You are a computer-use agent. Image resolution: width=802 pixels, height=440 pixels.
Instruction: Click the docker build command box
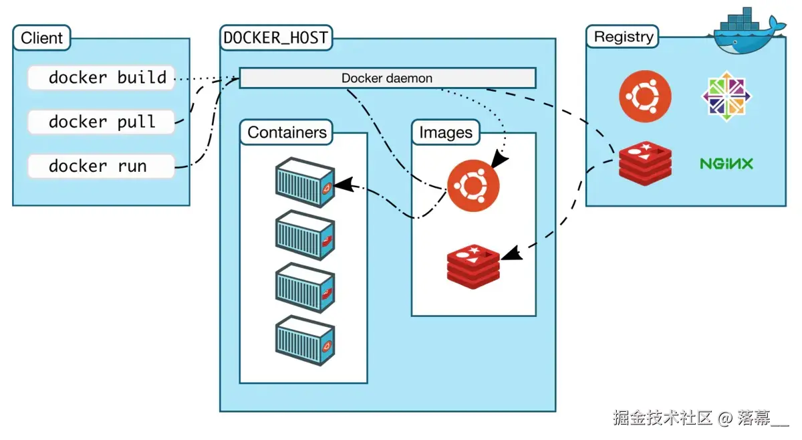pos(101,78)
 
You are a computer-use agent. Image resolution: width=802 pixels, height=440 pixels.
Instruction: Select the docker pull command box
pos(101,122)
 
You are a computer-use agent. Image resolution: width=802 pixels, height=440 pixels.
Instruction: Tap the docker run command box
pos(101,166)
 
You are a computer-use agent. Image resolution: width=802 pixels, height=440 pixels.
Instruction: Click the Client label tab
pos(41,38)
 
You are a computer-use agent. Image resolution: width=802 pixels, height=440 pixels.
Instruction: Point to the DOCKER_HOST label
pos(275,38)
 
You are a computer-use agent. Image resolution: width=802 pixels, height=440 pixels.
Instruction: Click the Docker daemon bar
pos(387,78)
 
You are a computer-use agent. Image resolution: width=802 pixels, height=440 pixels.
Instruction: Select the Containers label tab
pos(287,132)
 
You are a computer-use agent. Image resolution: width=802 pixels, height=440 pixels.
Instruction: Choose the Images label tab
pos(445,132)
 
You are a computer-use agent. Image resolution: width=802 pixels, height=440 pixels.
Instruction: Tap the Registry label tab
pos(622,37)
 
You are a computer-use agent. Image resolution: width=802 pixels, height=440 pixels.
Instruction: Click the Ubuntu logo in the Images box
pos(473,185)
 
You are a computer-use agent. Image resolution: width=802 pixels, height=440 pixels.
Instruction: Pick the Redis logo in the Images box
pos(474,266)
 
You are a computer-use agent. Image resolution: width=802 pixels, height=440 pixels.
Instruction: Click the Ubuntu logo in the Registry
pos(644,98)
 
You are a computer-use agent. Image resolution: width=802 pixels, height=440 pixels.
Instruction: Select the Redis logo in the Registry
pos(644,163)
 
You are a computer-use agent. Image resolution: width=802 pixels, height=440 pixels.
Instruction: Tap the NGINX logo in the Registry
pos(726,163)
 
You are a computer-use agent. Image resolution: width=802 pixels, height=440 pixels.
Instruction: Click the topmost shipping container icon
pos(305,182)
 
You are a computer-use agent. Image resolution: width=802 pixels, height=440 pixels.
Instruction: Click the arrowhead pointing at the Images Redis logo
pos(511,254)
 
